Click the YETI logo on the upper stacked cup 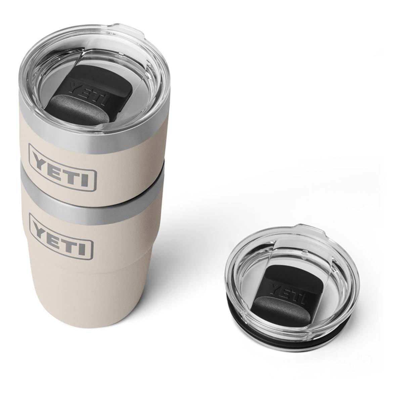click(x=62, y=168)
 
